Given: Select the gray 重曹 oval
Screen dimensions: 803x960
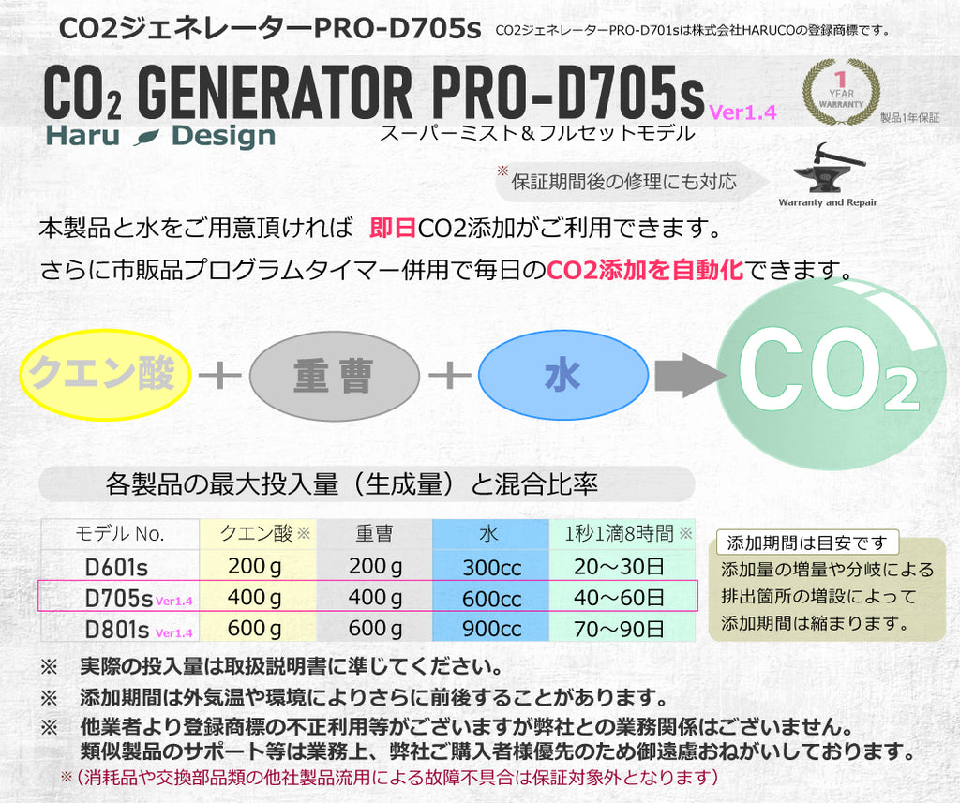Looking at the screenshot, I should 334,376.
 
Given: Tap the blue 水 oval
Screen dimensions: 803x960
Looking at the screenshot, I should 562,376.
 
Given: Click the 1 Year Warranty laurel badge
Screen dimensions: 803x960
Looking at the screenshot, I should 841,92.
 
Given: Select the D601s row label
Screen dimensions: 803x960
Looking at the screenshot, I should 117,567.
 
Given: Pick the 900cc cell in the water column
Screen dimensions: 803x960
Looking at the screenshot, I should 491,629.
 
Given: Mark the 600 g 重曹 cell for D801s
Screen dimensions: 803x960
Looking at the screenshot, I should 375,629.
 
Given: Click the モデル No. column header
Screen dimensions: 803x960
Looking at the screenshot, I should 119,534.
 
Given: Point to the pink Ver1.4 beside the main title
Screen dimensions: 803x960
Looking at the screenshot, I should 742,112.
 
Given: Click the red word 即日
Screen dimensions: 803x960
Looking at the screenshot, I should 393,228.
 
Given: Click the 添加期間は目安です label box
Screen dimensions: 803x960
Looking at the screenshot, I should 806,543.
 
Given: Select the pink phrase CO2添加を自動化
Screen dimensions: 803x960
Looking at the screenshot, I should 645,271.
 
